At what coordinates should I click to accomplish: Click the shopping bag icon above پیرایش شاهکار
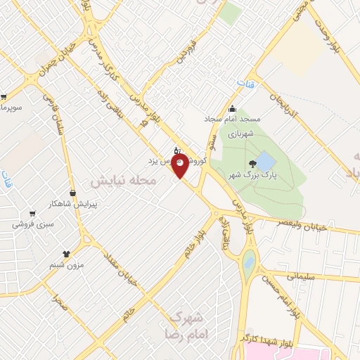[72, 193]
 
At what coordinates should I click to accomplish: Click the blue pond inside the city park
[265, 160]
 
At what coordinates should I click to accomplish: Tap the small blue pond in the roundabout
[249, 263]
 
